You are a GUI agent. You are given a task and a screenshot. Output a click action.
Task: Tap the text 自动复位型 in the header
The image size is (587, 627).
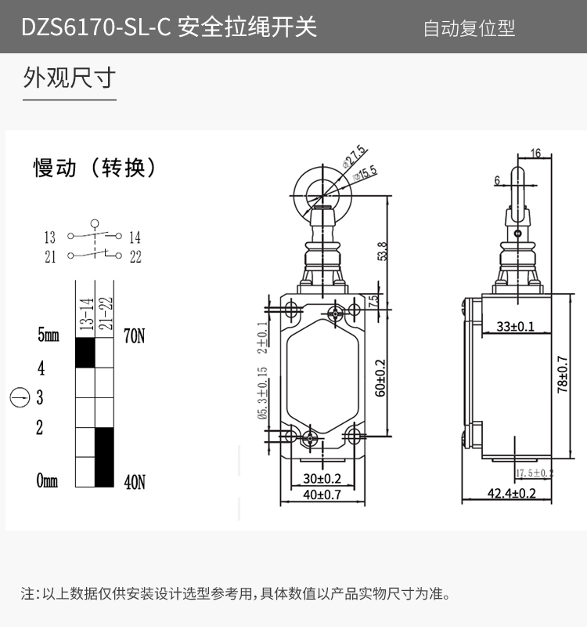coord(469,29)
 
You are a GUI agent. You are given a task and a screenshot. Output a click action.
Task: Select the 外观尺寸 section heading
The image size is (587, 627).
coord(69,78)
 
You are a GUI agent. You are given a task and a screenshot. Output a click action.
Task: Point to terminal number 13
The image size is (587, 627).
coord(50,237)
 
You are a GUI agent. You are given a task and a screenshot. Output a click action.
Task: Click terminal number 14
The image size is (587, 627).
coord(135,237)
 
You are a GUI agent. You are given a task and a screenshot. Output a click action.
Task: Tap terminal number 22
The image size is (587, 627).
coord(135,257)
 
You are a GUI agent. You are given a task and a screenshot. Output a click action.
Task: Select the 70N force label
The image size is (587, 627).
coord(135,337)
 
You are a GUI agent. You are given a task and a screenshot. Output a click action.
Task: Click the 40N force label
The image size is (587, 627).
coord(135,482)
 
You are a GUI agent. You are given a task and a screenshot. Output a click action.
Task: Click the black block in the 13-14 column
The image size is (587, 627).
coord(85,353)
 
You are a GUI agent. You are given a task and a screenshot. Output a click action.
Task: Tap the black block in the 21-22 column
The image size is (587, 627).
coord(104,457)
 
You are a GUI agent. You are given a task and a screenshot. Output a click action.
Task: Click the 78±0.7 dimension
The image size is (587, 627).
coord(562,375)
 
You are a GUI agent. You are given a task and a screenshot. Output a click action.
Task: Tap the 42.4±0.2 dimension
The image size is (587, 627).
coord(511,493)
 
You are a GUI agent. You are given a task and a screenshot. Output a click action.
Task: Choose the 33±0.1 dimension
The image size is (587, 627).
coord(515,326)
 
